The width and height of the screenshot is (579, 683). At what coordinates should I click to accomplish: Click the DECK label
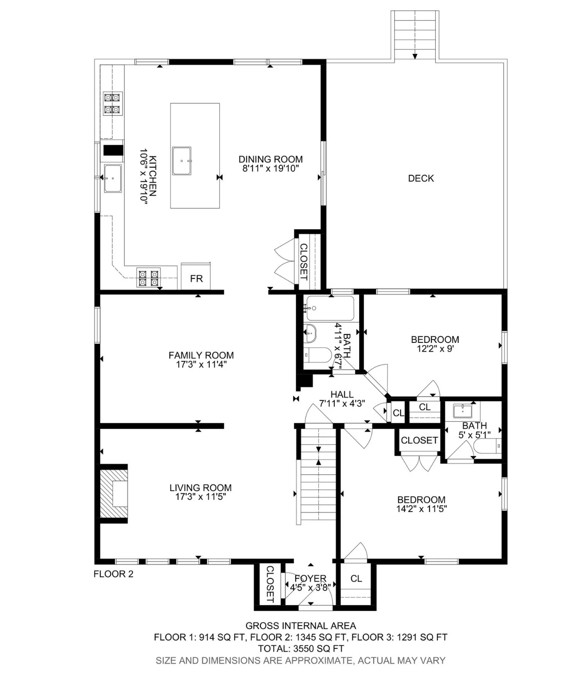pyautogui.click(x=420, y=178)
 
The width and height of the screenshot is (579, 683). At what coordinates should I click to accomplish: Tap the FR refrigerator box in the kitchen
pyautogui.click(x=196, y=276)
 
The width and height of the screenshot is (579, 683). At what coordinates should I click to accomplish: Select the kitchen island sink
pyautogui.click(x=181, y=161)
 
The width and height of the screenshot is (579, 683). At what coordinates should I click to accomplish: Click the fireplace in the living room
pyautogui.click(x=113, y=494)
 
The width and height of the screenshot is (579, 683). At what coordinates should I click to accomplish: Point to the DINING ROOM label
pyautogui.click(x=270, y=159)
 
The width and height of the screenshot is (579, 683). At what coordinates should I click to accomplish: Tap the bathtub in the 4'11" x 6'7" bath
pyautogui.click(x=330, y=308)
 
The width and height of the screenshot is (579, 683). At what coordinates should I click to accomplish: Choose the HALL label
pyautogui.click(x=342, y=394)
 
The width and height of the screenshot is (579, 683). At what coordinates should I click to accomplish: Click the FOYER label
pyautogui.click(x=310, y=578)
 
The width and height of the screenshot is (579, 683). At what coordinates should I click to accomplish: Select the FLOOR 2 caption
pyautogui.click(x=113, y=574)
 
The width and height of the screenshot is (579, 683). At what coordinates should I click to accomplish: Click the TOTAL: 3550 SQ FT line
pyautogui.click(x=301, y=648)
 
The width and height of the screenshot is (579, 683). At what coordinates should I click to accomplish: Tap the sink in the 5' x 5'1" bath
pyautogui.click(x=462, y=411)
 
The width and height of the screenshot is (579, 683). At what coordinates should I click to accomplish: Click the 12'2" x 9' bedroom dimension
pyautogui.click(x=435, y=349)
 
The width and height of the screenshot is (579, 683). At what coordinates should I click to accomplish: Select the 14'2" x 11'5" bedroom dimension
pyautogui.click(x=422, y=509)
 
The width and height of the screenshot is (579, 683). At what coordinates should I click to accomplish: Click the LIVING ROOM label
pyautogui.click(x=200, y=488)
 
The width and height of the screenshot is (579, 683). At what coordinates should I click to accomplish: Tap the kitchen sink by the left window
pyautogui.click(x=113, y=178)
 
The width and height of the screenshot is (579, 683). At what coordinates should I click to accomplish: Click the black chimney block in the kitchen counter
pyautogui.click(x=113, y=150)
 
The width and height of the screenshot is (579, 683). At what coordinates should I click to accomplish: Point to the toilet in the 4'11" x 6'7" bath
pyautogui.click(x=318, y=355)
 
